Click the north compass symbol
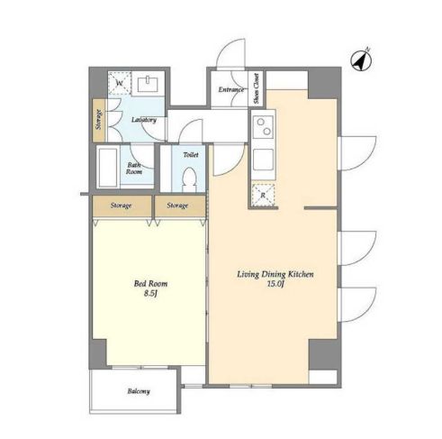[x=361, y=60]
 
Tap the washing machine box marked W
[x=120, y=83]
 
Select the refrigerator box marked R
[x=263, y=195]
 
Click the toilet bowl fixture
[x=189, y=179]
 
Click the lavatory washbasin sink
[x=148, y=83]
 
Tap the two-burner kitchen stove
[x=264, y=127]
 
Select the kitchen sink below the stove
[x=263, y=160]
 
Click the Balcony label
[x=139, y=391]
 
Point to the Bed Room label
[x=150, y=283]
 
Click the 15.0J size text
[x=275, y=284]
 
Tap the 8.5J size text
[x=150, y=294]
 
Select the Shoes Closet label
[x=256, y=88]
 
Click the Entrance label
[x=230, y=89]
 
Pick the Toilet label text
[x=191, y=155]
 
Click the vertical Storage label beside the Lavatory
[x=99, y=120]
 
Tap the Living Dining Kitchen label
[x=275, y=274]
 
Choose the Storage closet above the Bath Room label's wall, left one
[x=122, y=206]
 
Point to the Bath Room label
[x=134, y=169]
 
